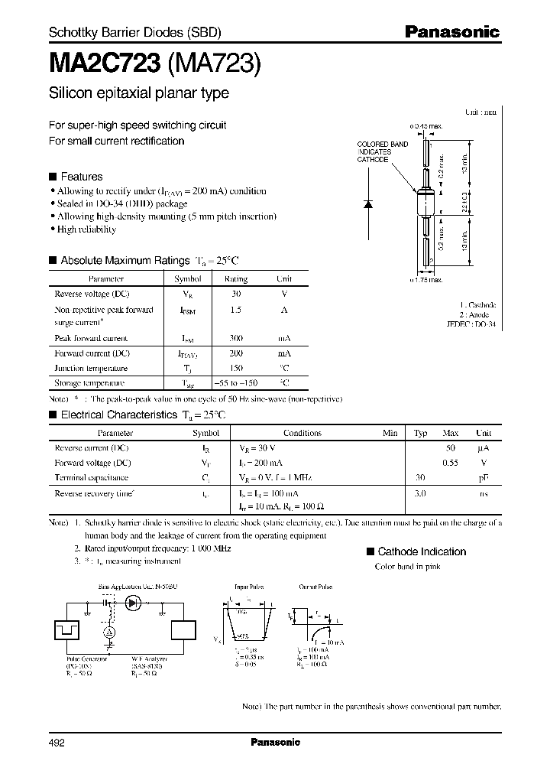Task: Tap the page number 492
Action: point(57,742)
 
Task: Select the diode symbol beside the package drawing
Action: point(368,204)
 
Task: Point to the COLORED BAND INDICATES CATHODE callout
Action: point(383,151)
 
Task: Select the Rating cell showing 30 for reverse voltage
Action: point(236,294)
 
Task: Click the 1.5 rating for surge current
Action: point(236,310)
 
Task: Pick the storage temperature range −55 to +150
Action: point(236,382)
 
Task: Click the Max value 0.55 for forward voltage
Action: point(451,463)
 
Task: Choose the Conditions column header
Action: point(302,433)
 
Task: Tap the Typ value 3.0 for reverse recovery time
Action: point(420,493)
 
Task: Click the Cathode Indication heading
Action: point(422,551)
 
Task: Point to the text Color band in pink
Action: point(407,567)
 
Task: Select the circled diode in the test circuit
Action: point(134,603)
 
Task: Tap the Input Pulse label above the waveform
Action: point(248,586)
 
